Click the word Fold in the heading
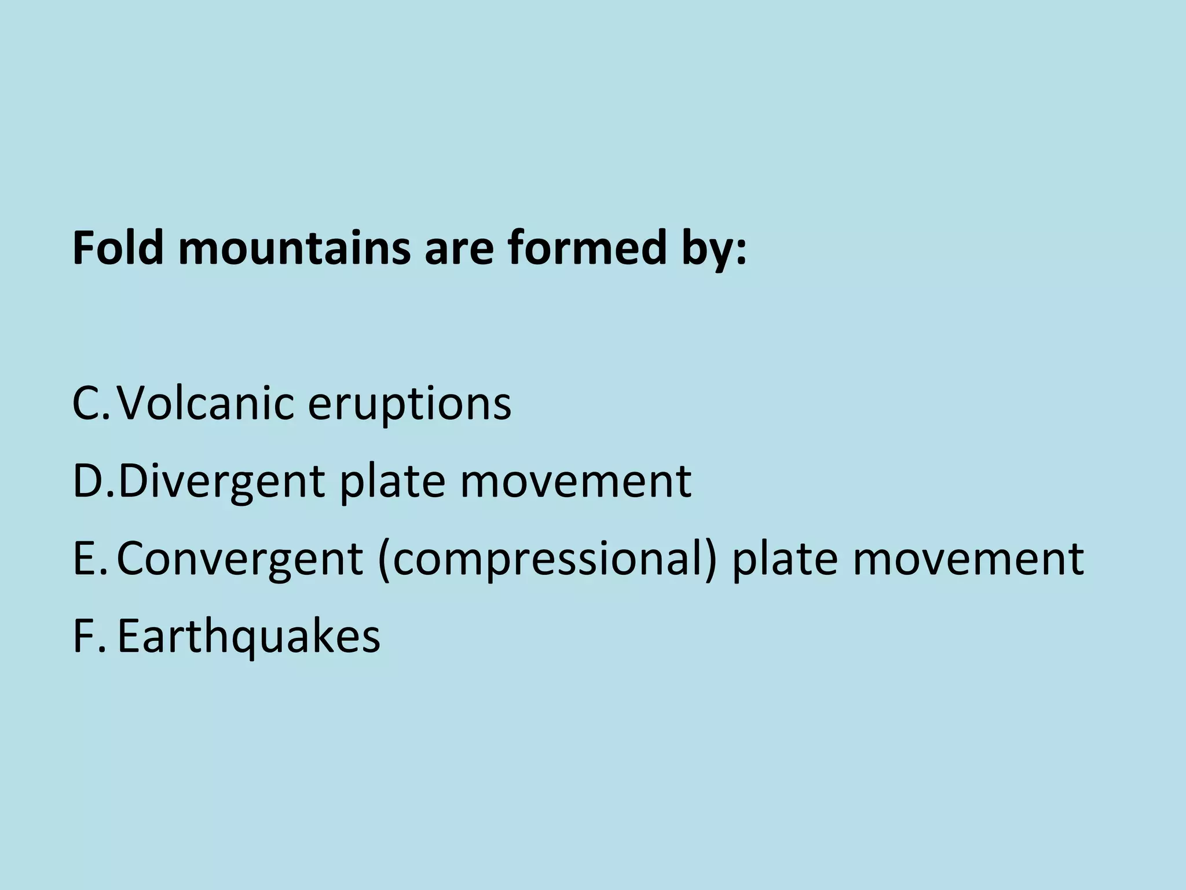pos(118,248)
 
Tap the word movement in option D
pos(576,483)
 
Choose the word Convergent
pos(240,560)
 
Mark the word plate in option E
pos(785,560)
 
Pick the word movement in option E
pos(968,560)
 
